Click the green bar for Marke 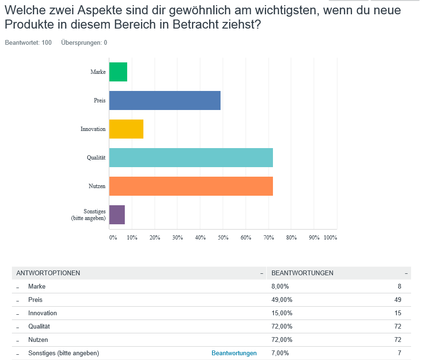point(118,72)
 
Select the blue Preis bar point(165,100)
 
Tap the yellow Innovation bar point(126,129)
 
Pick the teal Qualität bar point(191,158)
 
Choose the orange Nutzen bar point(191,186)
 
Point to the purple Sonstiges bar point(117,215)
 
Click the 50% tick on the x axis point(223,237)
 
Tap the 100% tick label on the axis point(330,237)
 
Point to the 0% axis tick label point(113,237)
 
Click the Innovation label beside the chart point(93,129)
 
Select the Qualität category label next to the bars point(96,158)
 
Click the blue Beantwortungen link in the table point(234,353)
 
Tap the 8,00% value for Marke point(280,287)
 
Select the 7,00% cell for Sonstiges point(280,353)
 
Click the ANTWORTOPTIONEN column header point(48,273)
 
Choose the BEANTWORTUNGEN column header point(302,273)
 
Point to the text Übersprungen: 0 point(84,43)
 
